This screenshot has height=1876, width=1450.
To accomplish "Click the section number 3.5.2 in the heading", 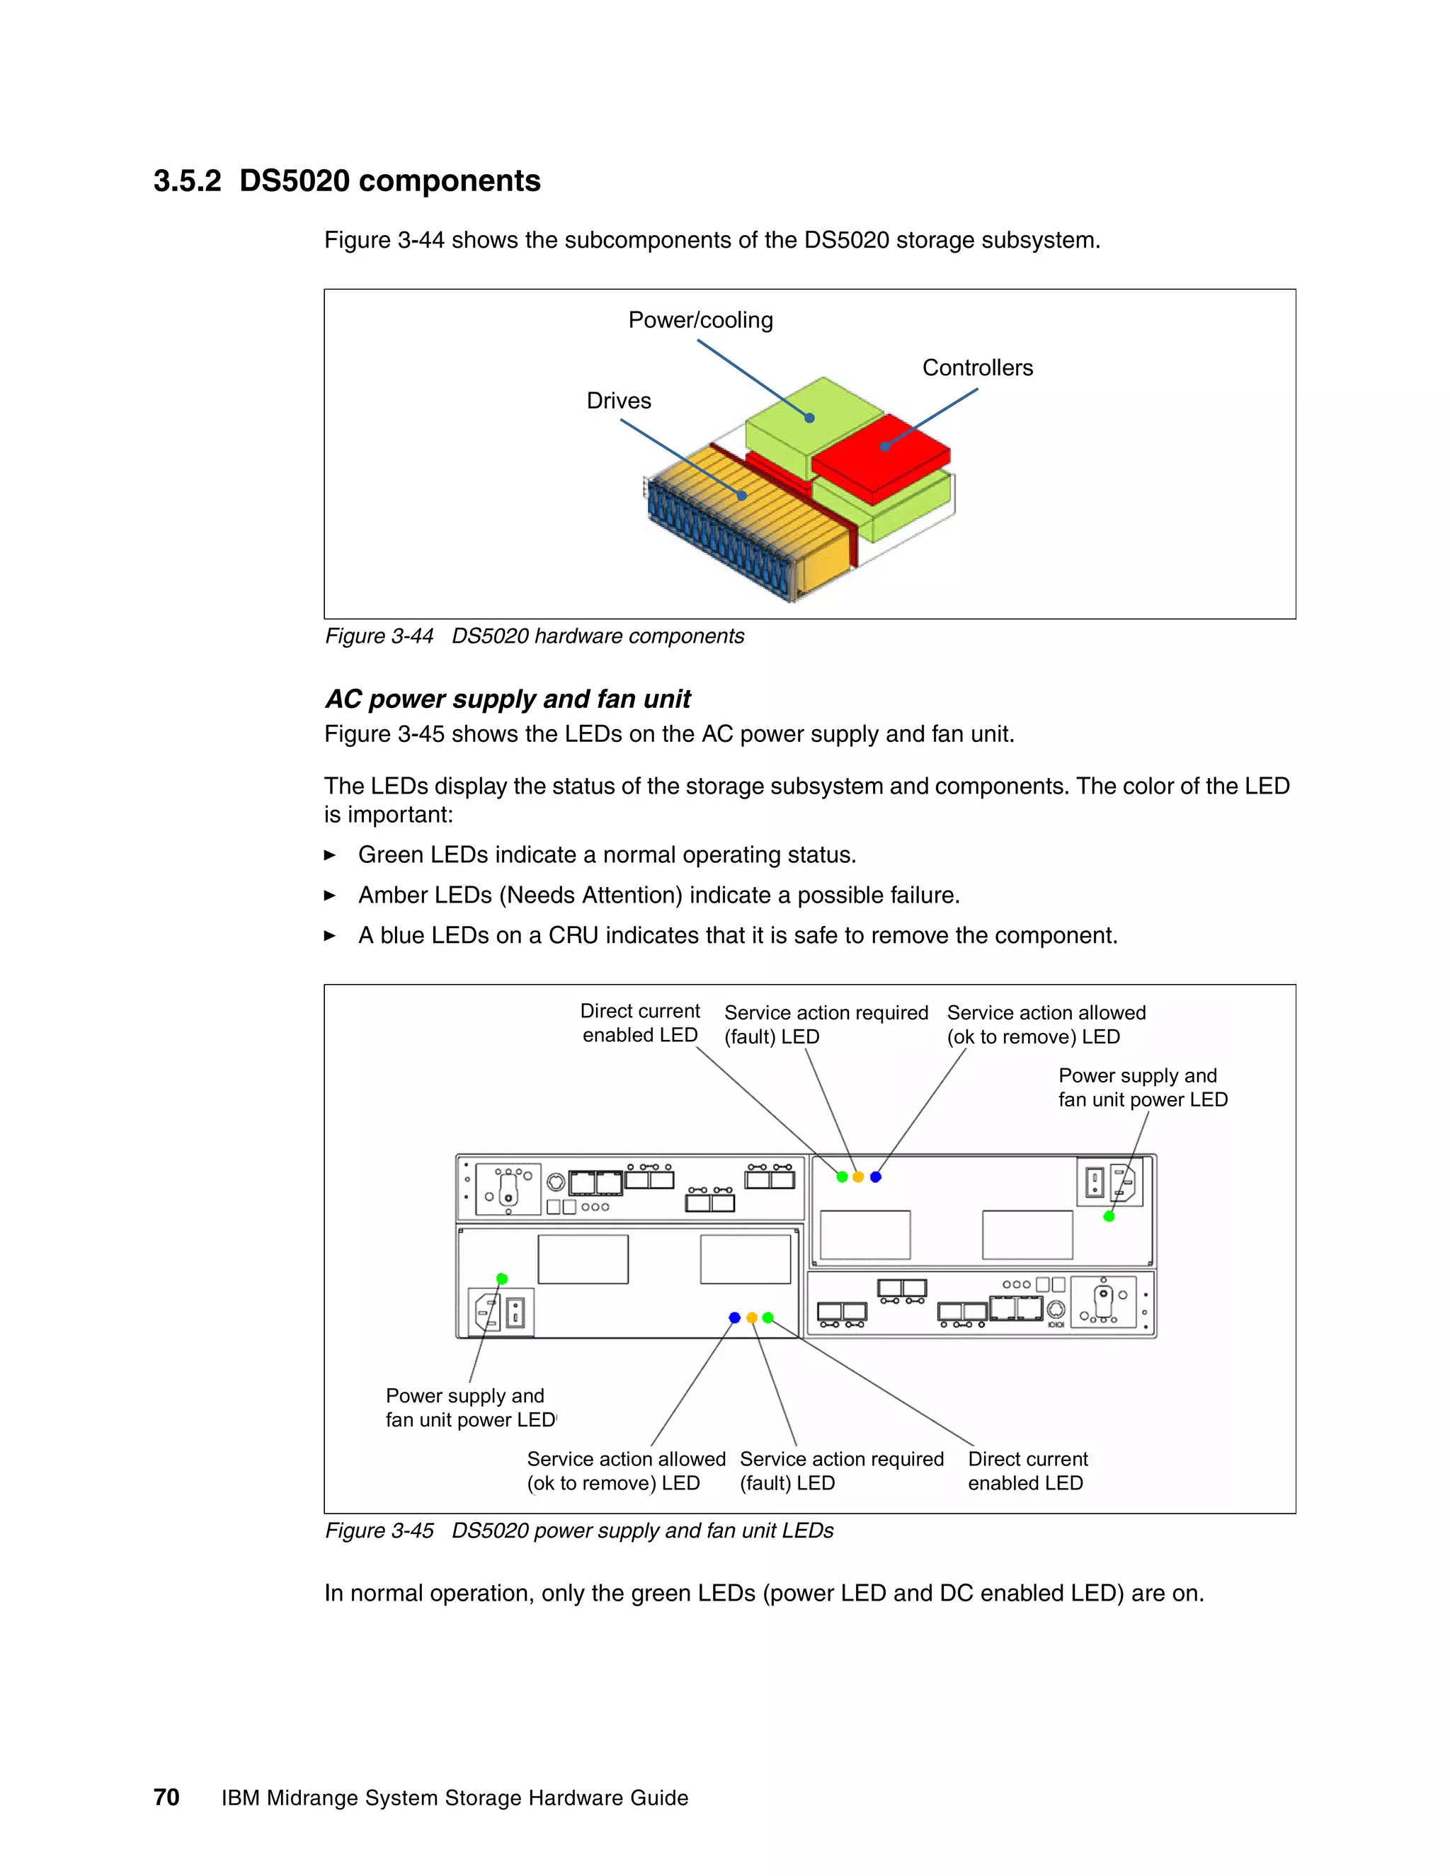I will pyautogui.click(x=187, y=181).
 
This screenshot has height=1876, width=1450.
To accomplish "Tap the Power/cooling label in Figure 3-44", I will pyautogui.click(x=700, y=321).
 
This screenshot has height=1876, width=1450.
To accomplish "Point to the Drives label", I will pyautogui.click(x=619, y=401).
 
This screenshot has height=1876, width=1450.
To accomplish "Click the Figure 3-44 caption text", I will pyautogui.click(x=535, y=636).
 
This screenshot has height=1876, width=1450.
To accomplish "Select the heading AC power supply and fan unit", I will pyautogui.click(x=508, y=699).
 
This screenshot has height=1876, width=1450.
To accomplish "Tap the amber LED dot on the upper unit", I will pyautogui.click(x=858, y=1177).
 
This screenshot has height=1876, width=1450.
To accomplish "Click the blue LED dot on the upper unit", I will pyautogui.click(x=875, y=1177).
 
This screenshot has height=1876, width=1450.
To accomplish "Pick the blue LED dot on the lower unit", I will pyautogui.click(x=734, y=1317).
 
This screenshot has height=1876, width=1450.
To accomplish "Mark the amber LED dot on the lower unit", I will pyautogui.click(x=752, y=1317).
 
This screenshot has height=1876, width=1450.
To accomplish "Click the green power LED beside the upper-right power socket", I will pyautogui.click(x=1109, y=1216).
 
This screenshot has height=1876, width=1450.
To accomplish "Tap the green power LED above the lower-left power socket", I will pyautogui.click(x=503, y=1279).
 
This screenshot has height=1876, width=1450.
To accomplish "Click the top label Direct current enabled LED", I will pyautogui.click(x=640, y=1023).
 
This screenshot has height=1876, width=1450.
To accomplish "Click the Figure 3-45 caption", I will pyautogui.click(x=579, y=1531).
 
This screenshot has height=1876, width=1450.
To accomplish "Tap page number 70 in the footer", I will pyautogui.click(x=166, y=1798).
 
